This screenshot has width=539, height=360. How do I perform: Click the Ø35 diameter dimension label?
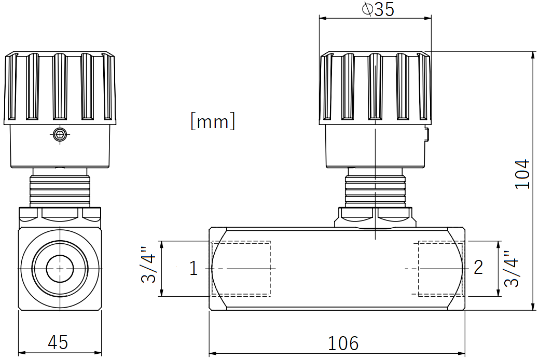point(378,9)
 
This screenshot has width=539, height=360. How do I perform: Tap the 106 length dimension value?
point(343,343)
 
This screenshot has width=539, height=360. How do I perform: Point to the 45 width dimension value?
point(58,342)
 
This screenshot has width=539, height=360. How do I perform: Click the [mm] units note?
point(213,121)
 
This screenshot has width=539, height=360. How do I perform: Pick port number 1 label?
point(194,268)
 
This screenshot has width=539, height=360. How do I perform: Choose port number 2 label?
point(478,267)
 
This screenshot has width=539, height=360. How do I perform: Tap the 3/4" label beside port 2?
point(511,269)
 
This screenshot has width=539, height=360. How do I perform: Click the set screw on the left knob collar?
point(60,134)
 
